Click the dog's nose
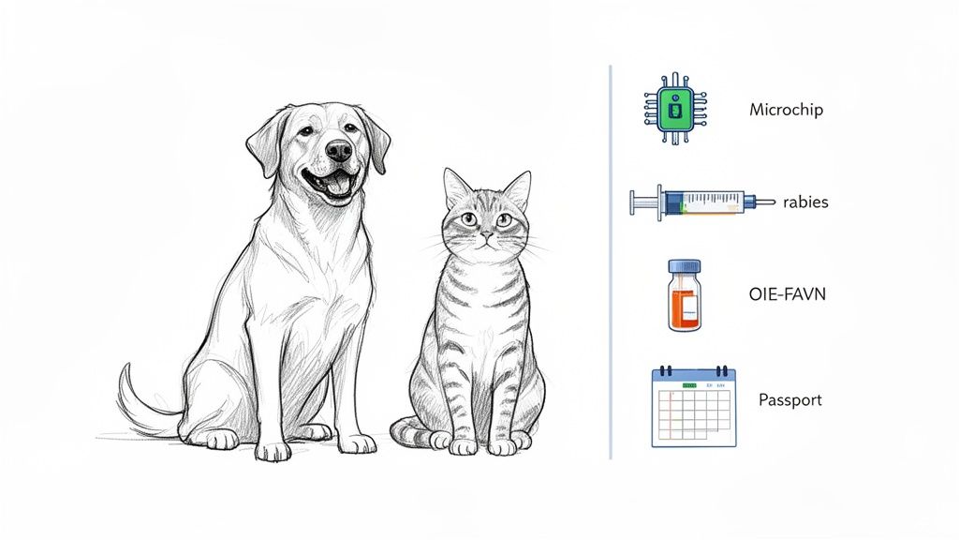pyautogui.click(x=339, y=150)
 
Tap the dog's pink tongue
pyautogui.click(x=336, y=185)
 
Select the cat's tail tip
pyautogui.click(x=397, y=433)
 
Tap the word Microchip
pyautogui.click(x=786, y=110)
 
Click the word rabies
pyautogui.click(x=805, y=202)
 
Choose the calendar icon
pyautogui.click(x=694, y=407)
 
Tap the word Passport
pyautogui.click(x=789, y=400)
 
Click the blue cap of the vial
pyautogui.click(x=683, y=267)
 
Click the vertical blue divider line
pyautogui.click(x=610, y=262)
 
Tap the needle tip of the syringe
pyautogui.click(x=774, y=201)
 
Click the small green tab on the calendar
pyautogui.click(x=690, y=385)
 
